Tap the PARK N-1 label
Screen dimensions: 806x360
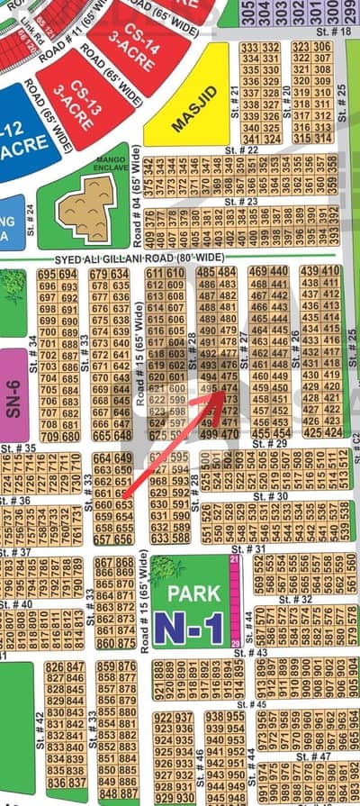tap(188, 612)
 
